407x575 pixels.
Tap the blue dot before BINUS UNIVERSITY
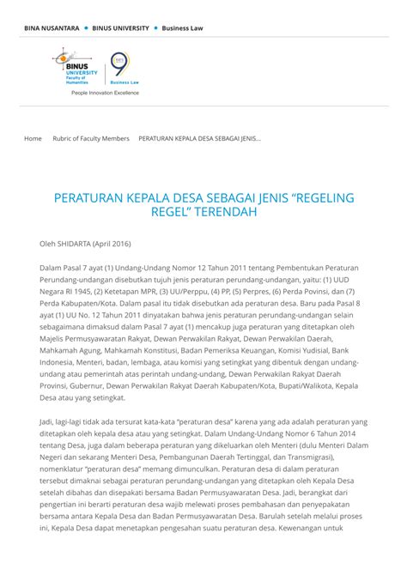[x=86, y=27]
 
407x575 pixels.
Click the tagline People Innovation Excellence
[x=105, y=92]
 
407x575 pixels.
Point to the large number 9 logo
[x=119, y=66]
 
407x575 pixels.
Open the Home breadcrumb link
[x=33, y=138]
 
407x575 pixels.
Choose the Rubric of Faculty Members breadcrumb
[x=91, y=138]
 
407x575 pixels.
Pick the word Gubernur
[x=84, y=386]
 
